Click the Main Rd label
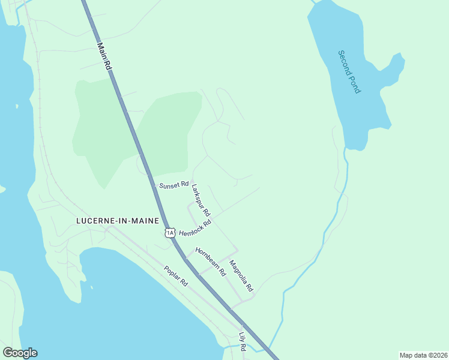(104, 56)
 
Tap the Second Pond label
(349, 71)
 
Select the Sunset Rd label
(173, 185)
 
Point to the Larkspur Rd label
(200, 200)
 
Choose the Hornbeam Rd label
(209, 262)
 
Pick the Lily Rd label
(243, 341)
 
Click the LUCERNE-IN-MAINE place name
(118, 220)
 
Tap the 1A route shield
(170, 232)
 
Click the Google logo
(20, 353)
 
